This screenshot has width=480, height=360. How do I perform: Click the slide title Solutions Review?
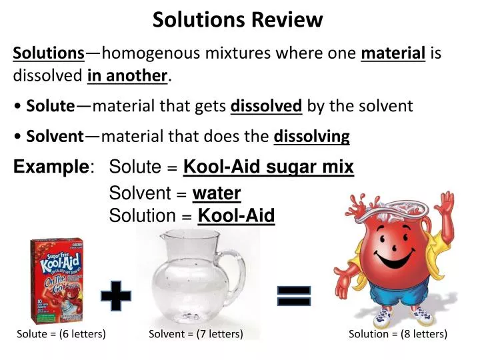click(x=237, y=20)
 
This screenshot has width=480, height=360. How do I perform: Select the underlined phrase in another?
click(x=128, y=76)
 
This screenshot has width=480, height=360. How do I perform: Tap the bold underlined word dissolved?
click(x=266, y=106)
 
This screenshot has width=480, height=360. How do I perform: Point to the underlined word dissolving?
click(x=311, y=137)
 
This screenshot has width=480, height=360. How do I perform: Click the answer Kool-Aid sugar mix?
click(x=269, y=167)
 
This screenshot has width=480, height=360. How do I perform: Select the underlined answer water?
click(x=216, y=193)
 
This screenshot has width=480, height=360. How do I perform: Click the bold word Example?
click(x=51, y=167)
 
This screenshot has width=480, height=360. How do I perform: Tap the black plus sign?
click(x=116, y=295)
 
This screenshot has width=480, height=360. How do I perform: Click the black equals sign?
click(x=294, y=296)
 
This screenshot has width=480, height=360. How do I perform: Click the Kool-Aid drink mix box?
click(x=57, y=281)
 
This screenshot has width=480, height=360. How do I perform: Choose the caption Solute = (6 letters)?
click(x=61, y=333)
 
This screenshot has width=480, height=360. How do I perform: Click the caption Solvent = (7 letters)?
click(x=195, y=333)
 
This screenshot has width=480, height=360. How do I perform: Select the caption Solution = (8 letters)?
click(x=397, y=333)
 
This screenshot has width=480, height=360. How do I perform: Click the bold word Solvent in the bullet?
click(x=55, y=137)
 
